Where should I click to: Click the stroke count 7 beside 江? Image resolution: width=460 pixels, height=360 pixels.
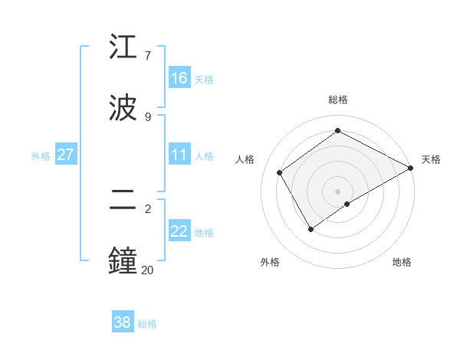[148, 56]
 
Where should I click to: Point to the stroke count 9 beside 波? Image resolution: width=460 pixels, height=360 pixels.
[148, 116]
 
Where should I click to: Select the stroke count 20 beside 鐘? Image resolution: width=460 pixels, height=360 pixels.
[148, 269]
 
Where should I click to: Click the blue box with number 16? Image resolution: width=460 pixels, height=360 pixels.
[179, 78]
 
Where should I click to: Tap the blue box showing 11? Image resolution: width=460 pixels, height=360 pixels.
[179, 155]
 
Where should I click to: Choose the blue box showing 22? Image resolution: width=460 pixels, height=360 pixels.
[179, 231]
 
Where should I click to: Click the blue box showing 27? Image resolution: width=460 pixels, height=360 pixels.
[65, 155]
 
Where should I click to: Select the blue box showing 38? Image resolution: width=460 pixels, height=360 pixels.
[123, 322]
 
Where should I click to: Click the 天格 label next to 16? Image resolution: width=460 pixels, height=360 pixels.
[204, 79]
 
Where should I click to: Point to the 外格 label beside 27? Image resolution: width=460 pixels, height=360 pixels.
[41, 155]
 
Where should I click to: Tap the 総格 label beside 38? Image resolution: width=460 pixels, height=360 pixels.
[147, 323]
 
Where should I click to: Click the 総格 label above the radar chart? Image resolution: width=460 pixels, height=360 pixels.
[338, 100]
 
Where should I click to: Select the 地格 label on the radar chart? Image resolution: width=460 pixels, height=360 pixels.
[402, 262]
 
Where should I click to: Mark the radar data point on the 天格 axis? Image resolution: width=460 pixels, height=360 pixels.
[411, 168]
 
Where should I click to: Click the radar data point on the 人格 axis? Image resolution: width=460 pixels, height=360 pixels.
[280, 172]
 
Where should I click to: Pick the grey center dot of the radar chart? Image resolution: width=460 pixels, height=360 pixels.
[338, 191]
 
